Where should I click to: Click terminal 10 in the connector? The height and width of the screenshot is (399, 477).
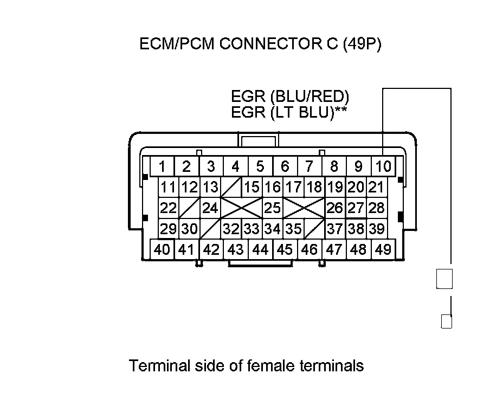click(x=383, y=165)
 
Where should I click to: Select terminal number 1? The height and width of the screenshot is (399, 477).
click(x=162, y=165)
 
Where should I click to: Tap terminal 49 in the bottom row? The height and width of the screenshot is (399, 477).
click(x=383, y=249)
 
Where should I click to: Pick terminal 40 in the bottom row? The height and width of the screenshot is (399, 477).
click(x=162, y=249)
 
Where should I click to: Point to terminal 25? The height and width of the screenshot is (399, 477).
click(x=273, y=208)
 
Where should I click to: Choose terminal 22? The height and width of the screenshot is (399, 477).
click(x=169, y=208)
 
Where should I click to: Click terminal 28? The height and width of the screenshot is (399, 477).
click(x=376, y=208)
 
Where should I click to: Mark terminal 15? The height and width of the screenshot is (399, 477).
click(x=252, y=188)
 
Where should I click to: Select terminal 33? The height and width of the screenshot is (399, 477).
click(x=252, y=228)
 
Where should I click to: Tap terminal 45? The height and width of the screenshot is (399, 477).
click(x=285, y=249)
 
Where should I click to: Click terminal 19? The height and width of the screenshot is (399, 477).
click(x=335, y=188)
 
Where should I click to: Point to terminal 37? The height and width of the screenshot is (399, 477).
click(x=335, y=228)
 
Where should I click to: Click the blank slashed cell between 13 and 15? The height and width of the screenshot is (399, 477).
click(x=231, y=188)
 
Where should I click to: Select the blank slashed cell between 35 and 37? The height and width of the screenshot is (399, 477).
click(x=314, y=228)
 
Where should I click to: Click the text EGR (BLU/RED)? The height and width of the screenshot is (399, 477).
click(x=289, y=97)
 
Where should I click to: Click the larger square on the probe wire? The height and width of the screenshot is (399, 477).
click(x=444, y=279)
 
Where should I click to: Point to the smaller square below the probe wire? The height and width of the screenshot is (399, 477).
click(x=446, y=321)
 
